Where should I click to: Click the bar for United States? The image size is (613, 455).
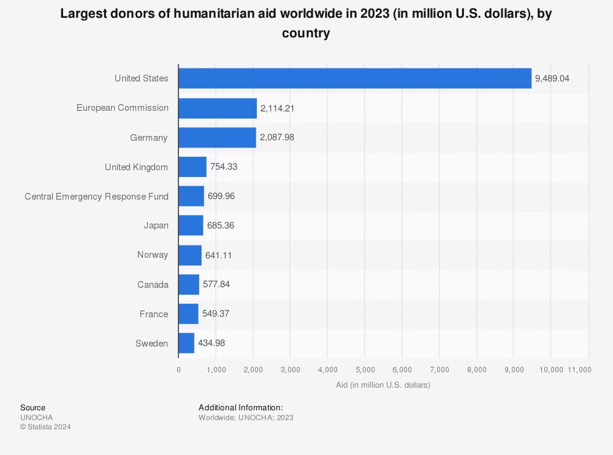355,78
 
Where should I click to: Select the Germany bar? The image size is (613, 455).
217,138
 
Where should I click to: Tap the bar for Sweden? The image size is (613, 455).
186,344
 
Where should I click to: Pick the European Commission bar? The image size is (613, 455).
218,108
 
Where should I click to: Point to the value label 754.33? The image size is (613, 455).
223,167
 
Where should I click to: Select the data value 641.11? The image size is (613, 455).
218,255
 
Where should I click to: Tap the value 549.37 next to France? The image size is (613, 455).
215,314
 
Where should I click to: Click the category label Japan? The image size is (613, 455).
156,226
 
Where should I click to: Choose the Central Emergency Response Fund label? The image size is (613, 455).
96,197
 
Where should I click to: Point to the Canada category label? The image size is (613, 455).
153,285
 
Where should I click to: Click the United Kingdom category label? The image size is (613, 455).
136,167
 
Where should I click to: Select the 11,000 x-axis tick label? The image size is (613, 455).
579,369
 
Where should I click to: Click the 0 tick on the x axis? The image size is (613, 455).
178,369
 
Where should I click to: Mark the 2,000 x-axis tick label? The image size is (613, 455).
253,369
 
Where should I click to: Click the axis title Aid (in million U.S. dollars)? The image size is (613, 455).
383,385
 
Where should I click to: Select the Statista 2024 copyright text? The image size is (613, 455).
45,427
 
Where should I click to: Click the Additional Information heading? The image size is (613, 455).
241,407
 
